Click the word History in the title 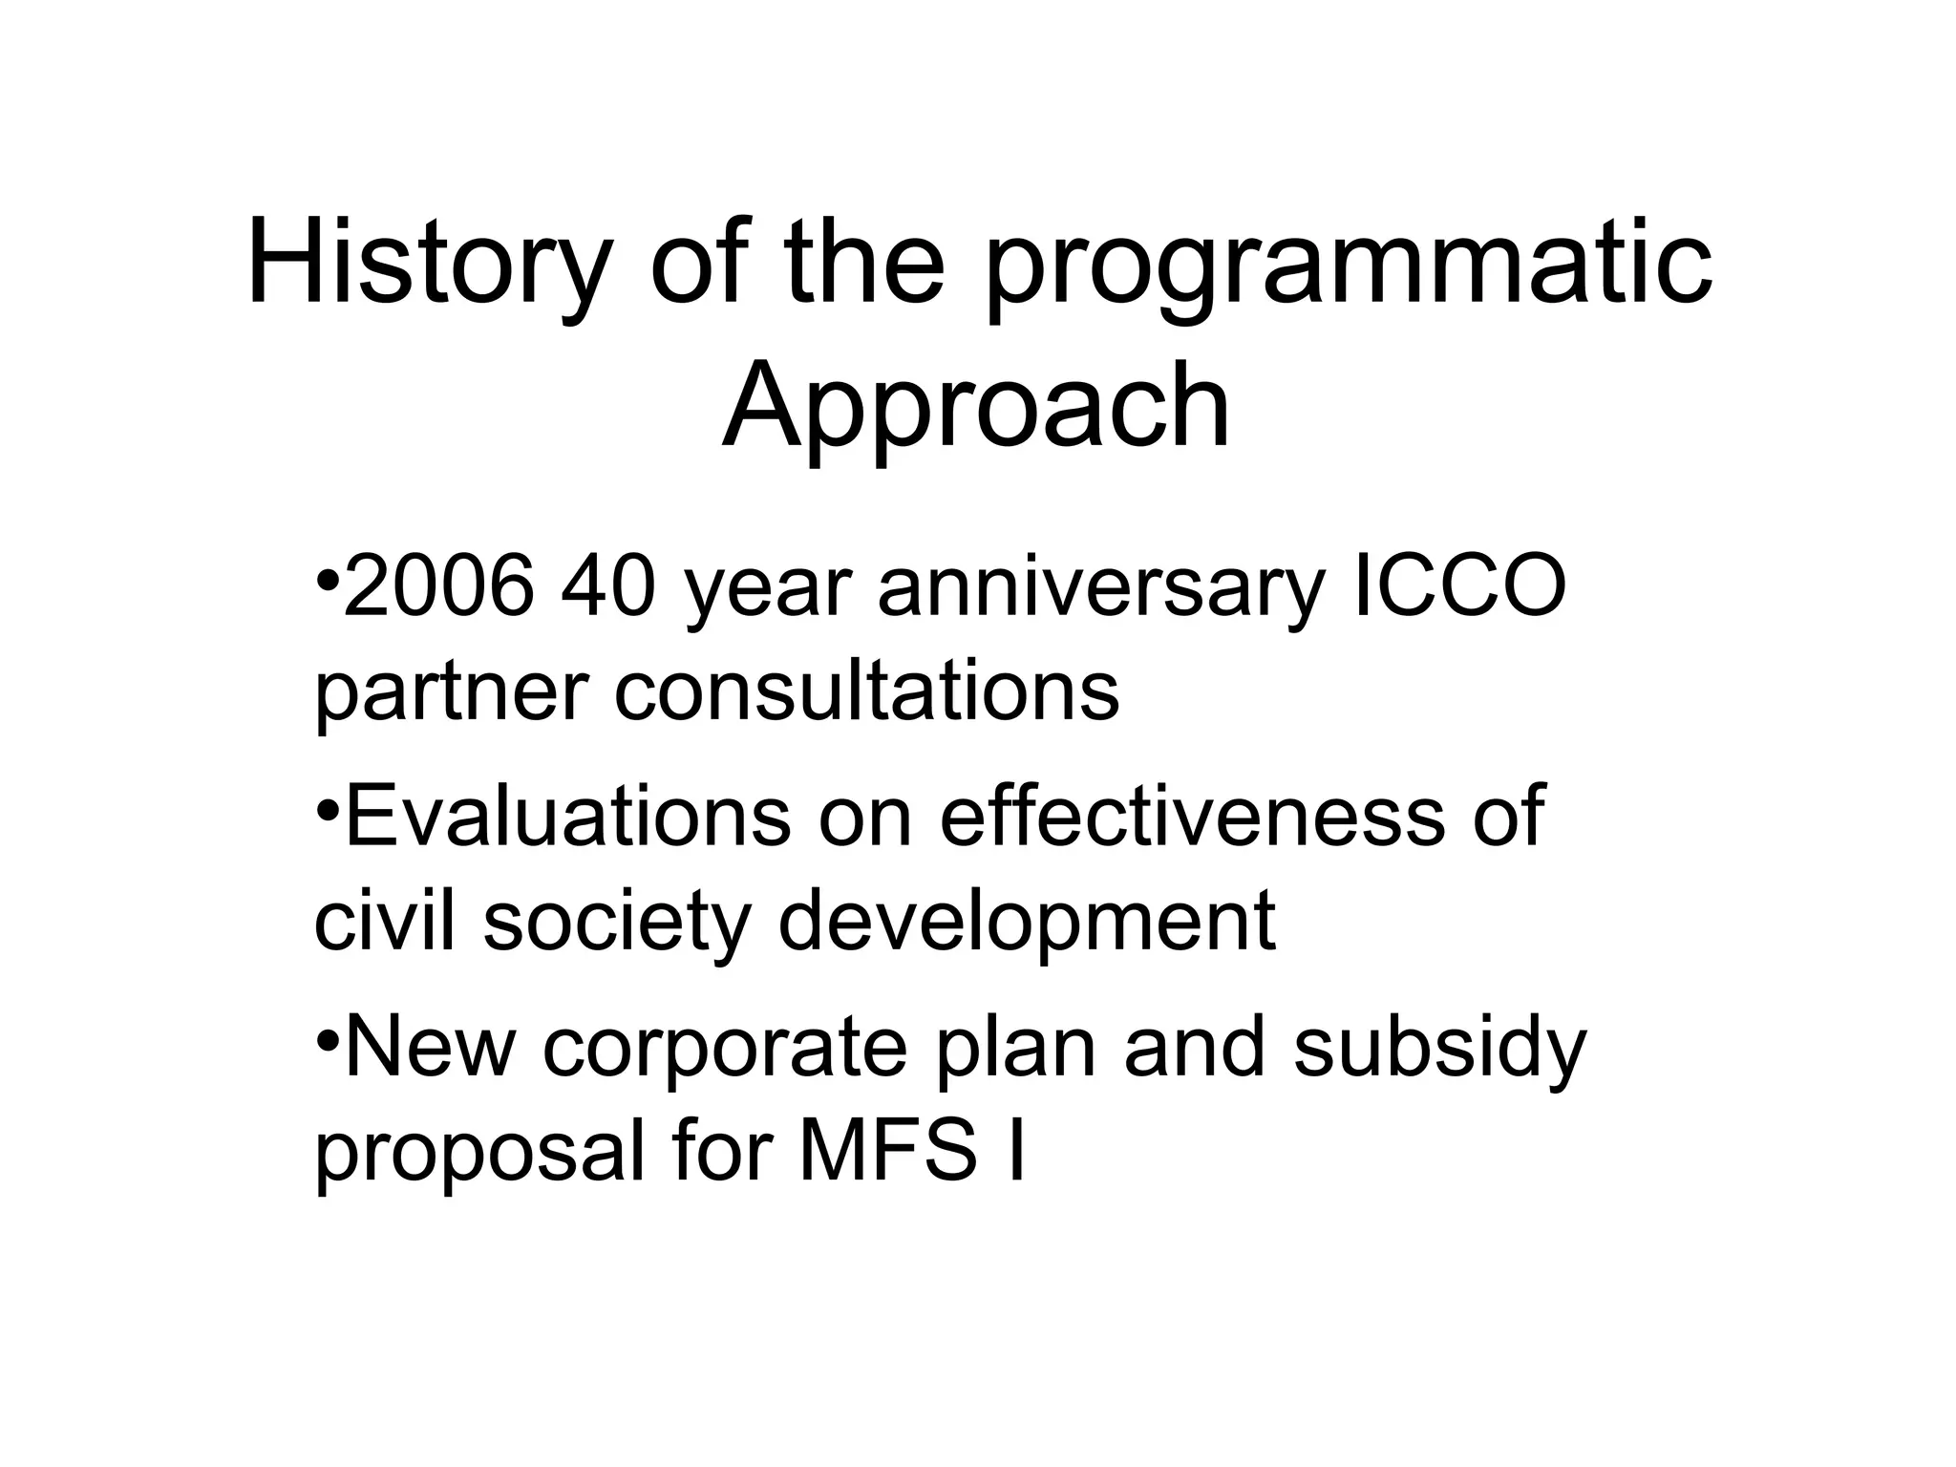pyautogui.click(x=426, y=263)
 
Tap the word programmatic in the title pyautogui.click(x=1348, y=267)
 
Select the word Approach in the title pyautogui.click(x=976, y=409)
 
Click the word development pyautogui.click(x=1027, y=923)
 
